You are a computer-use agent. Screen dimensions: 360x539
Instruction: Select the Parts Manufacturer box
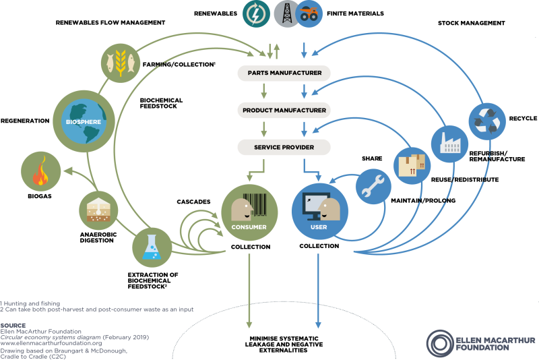284,73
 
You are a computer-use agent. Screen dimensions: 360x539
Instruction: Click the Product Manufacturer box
284,110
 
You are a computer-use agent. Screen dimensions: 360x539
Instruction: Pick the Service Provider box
284,146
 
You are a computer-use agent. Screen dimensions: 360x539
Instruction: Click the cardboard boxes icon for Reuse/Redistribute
412,164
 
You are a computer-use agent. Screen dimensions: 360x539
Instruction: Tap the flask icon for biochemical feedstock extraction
152,246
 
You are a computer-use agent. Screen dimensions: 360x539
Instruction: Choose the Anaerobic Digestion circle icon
99,210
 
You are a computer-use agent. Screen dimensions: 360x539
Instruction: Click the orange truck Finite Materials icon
308,13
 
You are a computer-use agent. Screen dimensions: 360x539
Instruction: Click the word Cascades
193,202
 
